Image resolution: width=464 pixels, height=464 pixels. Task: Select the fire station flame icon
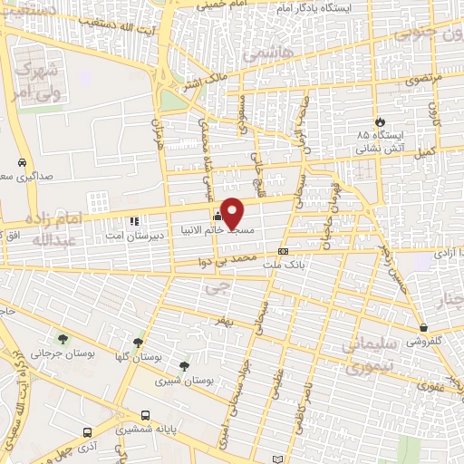[x=381, y=123]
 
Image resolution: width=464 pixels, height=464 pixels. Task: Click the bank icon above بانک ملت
[x=284, y=251]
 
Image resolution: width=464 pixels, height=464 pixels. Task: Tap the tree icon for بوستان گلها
[x=138, y=343]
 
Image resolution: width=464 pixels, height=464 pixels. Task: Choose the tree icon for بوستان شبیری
[x=184, y=367]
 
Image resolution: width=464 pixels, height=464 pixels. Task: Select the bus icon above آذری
[x=87, y=432]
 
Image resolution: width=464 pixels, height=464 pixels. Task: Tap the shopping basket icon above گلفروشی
[x=423, y=328]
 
